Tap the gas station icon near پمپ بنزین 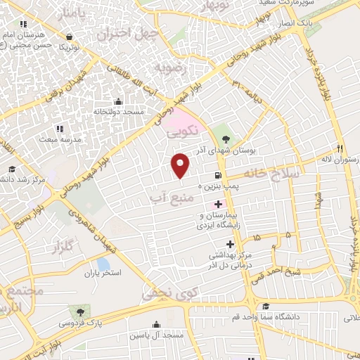(219, 176)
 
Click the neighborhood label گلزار (63, 247)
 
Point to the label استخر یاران (103, 272)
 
